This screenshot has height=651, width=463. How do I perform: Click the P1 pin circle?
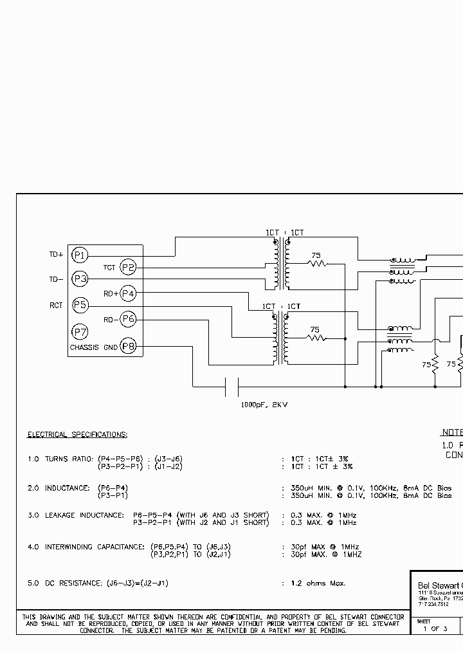[79, 255]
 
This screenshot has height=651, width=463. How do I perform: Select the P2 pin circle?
[129, 268]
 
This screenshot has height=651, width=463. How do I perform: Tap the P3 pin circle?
[79, 279]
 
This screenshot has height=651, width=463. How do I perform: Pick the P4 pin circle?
[129, 293]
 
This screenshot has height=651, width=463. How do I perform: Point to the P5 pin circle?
[79, 305]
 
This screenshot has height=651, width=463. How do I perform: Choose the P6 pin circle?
[129, 318]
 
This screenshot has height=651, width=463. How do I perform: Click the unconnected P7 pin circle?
[79, 332]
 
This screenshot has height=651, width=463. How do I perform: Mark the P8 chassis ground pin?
[129, 347]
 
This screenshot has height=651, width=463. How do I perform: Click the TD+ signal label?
[56, 255]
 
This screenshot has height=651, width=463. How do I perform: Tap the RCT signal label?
[56, 306]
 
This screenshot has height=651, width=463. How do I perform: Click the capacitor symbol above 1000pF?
[232, 387]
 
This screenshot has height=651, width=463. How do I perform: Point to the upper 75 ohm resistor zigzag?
[316, 263]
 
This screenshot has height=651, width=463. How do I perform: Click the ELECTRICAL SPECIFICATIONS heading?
[77, 435]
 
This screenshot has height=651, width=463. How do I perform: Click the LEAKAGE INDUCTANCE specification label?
[84, 515]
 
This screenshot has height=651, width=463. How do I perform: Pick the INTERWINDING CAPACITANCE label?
[94, 547]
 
